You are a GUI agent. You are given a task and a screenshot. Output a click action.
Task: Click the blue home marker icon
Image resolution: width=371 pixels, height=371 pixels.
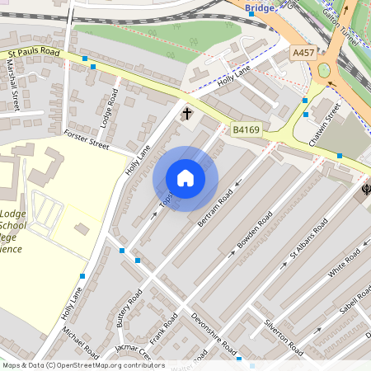[185, 178]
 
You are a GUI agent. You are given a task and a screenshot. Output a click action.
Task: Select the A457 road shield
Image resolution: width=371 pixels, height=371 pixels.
[303, 52]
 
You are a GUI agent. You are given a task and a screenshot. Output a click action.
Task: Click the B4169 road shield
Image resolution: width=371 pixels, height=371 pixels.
[247, 129]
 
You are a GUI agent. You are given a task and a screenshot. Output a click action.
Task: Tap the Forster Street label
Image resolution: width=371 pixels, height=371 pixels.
[86, 139]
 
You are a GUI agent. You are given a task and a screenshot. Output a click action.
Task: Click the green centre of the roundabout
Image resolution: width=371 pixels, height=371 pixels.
[324, 70]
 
